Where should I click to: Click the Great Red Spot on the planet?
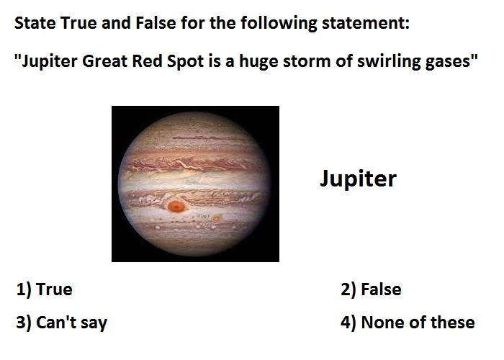tap(176, 206)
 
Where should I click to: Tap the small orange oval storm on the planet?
tap(217, 219)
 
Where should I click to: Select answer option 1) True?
tap(45, 289)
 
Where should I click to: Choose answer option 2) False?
tap(371, 289)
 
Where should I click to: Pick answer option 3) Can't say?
tap(62, 323)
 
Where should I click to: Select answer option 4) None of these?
tap(408, 323)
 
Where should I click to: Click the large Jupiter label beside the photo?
tap(358, 179)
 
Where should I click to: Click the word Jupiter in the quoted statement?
tap(49, 61)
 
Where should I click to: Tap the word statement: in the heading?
tap(366, 23)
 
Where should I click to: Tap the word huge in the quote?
tap(258, 62)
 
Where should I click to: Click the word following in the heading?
tap(279, 24)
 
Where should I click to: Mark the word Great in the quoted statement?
tap(105, 61)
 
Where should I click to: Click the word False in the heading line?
tap(156, 23)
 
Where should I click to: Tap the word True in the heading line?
tap(78, 23)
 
